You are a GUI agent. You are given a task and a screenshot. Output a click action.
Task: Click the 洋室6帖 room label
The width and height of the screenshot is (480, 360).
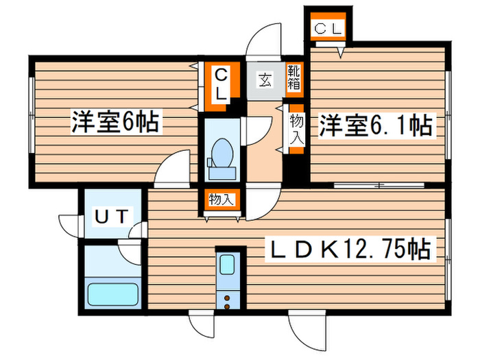click(x=115, y=123)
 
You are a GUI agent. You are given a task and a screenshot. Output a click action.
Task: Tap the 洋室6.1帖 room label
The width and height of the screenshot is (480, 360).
click(x=374, y=126)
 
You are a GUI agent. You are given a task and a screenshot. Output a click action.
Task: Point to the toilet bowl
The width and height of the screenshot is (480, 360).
click(x=221, y=152)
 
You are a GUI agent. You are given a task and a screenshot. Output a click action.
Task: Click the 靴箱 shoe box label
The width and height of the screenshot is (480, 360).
click(x=293, y=78)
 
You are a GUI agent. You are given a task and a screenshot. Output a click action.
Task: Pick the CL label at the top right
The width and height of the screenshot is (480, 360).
click(x=328, y=28)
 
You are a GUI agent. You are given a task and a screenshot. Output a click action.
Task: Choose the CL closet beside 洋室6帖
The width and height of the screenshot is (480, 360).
click(x=221, y=84)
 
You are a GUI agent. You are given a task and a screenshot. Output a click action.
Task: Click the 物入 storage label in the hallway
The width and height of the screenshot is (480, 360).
click(x=296, y=129)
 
